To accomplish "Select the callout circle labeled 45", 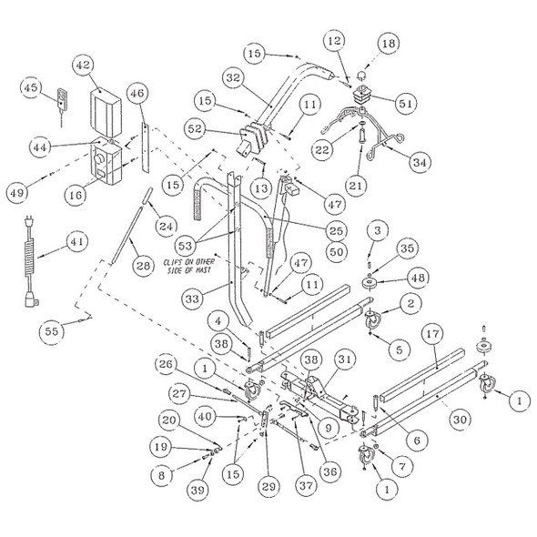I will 30,87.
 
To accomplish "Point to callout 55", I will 56,332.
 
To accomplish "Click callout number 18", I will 388,43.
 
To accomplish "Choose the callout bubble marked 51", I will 405,103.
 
